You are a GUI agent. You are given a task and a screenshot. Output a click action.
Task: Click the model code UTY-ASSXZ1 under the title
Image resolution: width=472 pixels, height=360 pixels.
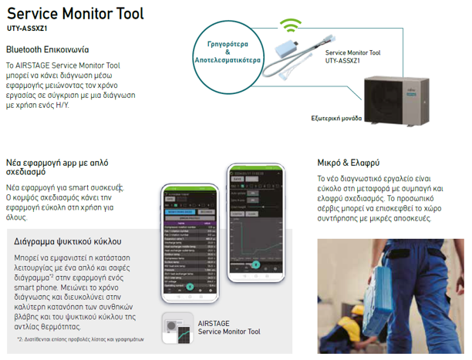pyautogui.click(x=29, y=29)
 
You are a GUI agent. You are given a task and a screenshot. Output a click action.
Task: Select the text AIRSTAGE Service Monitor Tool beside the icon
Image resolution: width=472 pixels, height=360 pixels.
pyautogui.click(x=229, y=328)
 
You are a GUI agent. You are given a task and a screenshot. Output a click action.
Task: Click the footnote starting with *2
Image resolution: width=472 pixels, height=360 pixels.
pyautogui.click(x=81, y=339)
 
